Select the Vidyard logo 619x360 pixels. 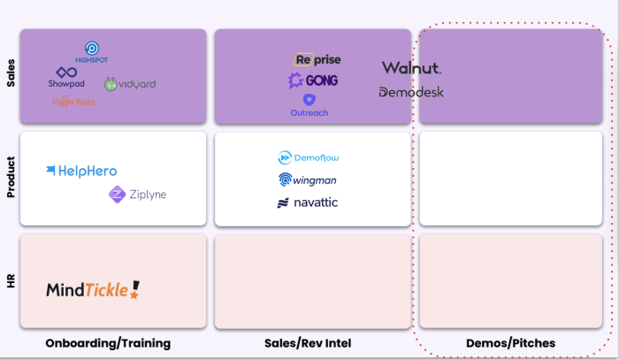coord(130,84)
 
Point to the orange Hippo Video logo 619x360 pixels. coord(73,102)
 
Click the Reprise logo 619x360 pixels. coord(317,60)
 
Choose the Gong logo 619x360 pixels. coord(313,80)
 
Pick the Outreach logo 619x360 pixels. coord(309,106)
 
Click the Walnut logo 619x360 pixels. coord(411,68)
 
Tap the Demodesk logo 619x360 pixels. coord(411,92)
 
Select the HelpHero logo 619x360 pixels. coord(82,171)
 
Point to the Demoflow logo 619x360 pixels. coord(309,157)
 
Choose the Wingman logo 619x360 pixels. coord(309,180)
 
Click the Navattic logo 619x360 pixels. coord(307,203)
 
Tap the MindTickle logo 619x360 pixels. coord(93,288)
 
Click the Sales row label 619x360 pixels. coord(11,79)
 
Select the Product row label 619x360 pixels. coord(11,177)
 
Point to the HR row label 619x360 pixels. coord(11,280)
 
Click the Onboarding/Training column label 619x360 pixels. coord(108,342)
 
